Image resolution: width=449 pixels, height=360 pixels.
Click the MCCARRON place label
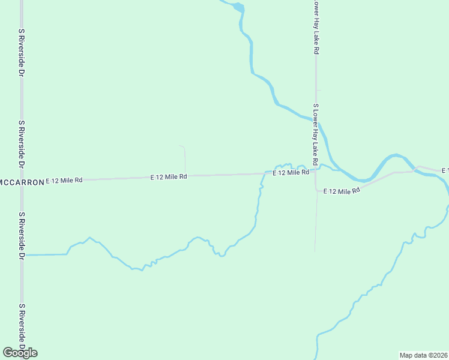point(22,182)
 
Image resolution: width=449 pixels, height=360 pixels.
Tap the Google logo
point(20,353)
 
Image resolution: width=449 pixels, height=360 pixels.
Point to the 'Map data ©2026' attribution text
point(423,355)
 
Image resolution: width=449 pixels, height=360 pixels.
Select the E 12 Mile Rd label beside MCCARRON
point(64,180)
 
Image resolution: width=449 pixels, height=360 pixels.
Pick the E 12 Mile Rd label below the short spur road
point(169,177)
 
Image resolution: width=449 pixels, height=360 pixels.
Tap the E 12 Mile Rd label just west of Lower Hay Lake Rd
point(291,173)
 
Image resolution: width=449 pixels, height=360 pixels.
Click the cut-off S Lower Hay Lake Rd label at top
point(315,28)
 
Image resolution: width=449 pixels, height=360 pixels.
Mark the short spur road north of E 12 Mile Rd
point(184,158)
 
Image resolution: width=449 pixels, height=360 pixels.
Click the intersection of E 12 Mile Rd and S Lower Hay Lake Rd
point(315,170)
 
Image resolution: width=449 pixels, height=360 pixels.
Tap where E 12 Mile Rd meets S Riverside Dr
point(22,181)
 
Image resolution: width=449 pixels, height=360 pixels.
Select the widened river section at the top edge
point(238,7)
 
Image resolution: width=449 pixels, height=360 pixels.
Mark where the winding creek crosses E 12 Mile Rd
point(265,173)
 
